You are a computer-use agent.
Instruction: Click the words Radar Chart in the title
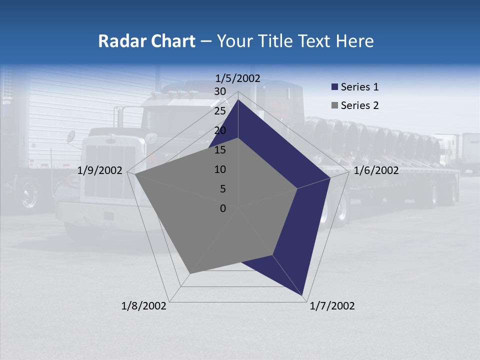(x=146, y=41)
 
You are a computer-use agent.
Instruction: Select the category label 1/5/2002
(x=238, y=78)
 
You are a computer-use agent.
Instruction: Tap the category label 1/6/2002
(x=376, y=170)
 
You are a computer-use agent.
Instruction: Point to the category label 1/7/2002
(x=332, y=306)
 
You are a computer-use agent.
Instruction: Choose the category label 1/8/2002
(x=144, y=306)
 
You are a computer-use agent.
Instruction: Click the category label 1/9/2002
(x=100, y=170)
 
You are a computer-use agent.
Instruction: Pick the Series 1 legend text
(x=359, y=87)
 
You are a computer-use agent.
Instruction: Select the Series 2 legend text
(x=359, y=105)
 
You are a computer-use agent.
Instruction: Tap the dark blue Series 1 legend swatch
(x=334, y=87)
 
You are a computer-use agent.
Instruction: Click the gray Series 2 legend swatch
(x=334, y=106)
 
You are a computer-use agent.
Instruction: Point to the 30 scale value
(x=220, y=91)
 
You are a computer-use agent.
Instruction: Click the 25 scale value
(x=220, y=111)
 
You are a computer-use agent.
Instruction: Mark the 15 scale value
(x=220, y=150)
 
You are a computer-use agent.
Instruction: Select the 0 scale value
(x=223, y=208)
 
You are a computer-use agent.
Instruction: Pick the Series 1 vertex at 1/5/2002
(x=238, y=99)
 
